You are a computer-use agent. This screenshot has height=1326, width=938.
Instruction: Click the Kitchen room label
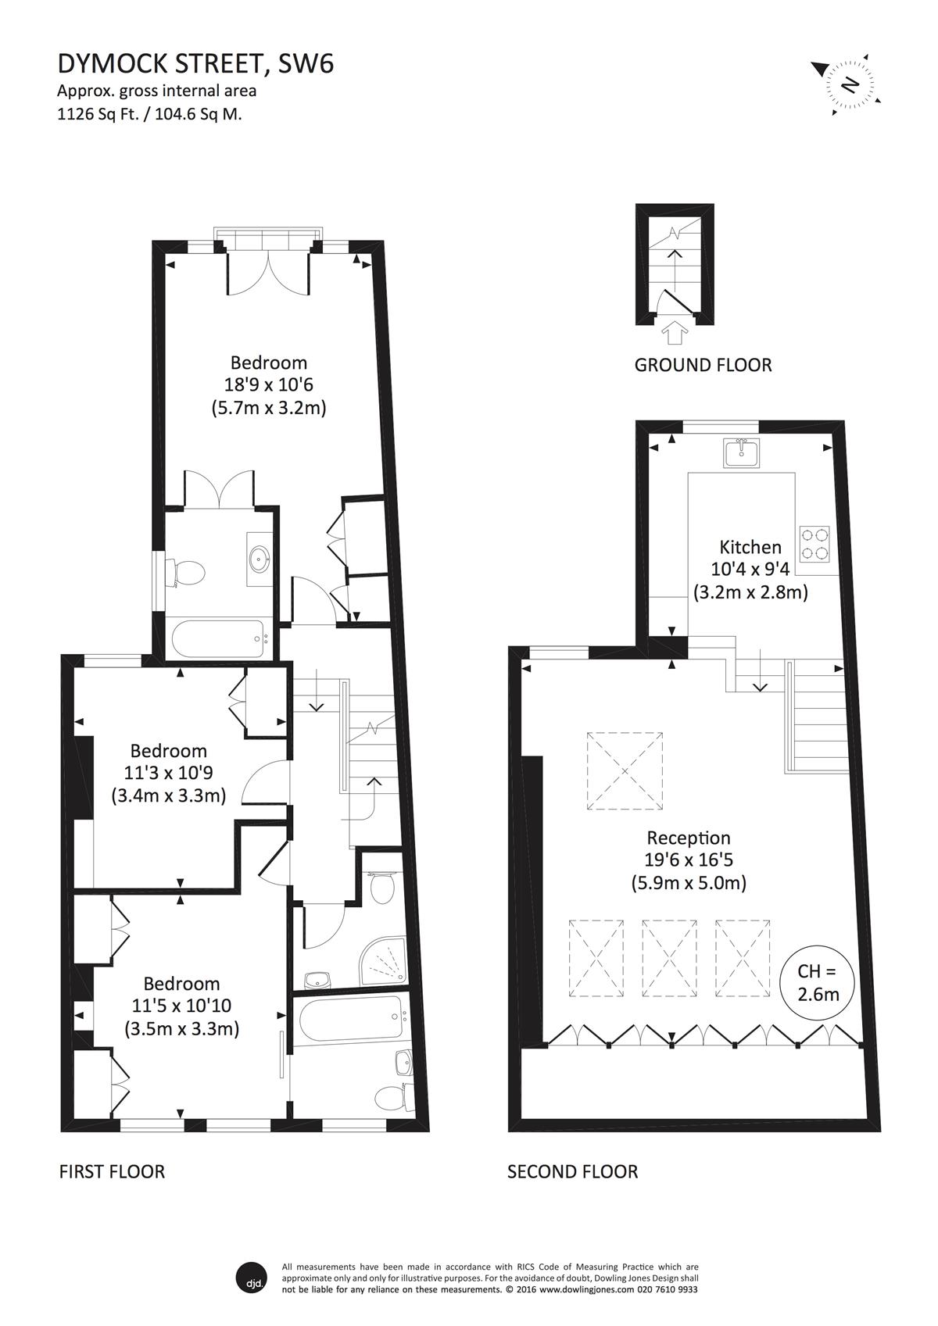[750, 547]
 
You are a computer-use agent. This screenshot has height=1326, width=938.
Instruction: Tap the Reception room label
[688, 838]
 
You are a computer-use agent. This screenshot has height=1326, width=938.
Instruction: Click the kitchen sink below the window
[741, 454]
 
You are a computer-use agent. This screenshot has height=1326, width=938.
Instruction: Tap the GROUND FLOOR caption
[703, 365]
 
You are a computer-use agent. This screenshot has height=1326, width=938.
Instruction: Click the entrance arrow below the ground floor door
[675, 334]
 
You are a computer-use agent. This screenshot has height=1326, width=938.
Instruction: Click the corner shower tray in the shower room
[382, 961]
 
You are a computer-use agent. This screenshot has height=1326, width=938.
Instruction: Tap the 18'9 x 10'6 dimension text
[268, 384]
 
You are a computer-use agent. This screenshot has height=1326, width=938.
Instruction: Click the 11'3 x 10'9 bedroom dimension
[168, 773]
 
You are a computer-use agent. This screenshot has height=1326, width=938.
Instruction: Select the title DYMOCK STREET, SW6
[195, 63]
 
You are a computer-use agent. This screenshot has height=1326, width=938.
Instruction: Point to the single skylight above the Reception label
[625, 770]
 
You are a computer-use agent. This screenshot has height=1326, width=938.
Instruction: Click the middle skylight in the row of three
[669, 959]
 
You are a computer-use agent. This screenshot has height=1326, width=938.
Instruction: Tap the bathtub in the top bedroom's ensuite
[218, 638]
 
